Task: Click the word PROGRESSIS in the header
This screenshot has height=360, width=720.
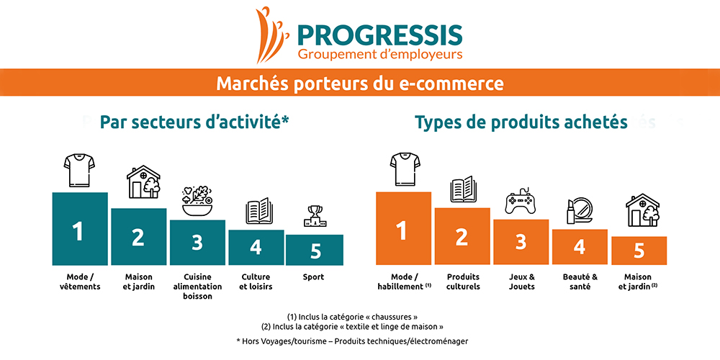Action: point(379,35)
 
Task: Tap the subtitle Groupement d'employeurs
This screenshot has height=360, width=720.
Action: point(379,55)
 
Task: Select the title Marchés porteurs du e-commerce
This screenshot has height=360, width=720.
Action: point(360,83)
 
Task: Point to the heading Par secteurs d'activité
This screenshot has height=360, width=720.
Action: point(194,122)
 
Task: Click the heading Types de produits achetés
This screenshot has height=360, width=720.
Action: point(521,122)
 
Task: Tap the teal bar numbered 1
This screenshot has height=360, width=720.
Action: point(80,229)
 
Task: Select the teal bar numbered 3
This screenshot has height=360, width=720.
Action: point(197,243)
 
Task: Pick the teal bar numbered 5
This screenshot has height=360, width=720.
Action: point(315,250)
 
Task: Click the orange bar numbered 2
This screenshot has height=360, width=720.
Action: point(462,236)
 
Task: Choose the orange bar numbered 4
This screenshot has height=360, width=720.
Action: point(580,247)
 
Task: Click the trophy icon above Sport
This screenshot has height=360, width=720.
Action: point(315,216)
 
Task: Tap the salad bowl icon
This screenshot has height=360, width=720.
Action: point(197,201)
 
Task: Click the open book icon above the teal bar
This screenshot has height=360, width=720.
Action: point(259,211)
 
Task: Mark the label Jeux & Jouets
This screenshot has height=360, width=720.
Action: point(521,282)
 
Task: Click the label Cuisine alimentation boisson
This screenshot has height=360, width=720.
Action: point(197,287)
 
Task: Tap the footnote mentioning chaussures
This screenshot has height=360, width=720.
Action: point(352,317)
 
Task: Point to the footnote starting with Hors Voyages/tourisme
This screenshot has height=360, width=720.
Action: point(352,341)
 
